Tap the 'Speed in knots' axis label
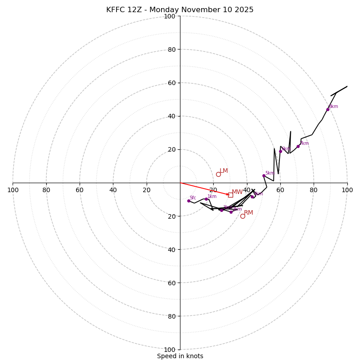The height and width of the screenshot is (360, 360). point(180,356)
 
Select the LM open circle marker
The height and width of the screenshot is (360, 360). point(218,174)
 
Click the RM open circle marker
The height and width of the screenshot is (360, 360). point(243,216)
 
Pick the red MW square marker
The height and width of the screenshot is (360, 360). point(230,195)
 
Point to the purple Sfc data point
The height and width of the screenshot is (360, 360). point(189,201)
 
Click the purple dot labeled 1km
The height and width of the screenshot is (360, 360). point(206,199)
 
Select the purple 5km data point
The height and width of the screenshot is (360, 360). point(264,175)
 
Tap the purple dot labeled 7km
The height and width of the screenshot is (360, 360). point(298,146)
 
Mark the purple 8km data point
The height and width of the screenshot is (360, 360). point(328,109)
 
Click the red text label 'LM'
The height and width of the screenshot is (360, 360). point(224,171)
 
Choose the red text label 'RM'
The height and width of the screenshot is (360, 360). point(248,213)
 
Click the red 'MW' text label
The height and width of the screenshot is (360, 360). point(237,192)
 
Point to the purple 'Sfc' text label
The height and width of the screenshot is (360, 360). point(193,198)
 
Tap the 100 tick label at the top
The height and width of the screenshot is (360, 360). point(170,16)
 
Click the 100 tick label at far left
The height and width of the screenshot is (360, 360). point(13,190)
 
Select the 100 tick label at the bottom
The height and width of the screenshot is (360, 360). point(170,350)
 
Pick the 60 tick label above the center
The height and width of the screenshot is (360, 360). point(171,83)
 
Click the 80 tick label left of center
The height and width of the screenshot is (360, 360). point(46,190)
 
